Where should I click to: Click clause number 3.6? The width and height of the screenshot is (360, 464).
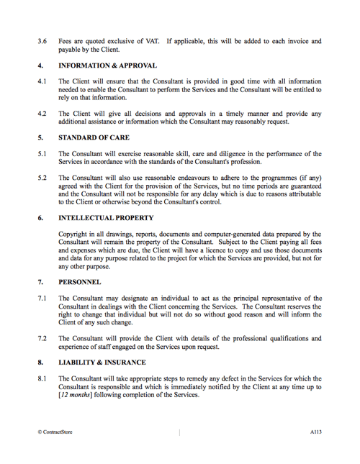coord(42,42)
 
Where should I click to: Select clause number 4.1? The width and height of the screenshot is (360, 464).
coord(42,81)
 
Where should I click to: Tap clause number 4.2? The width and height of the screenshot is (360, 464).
coord(42,113)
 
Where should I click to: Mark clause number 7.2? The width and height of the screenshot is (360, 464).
coord(42,337)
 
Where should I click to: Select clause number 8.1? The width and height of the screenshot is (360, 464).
coord(42,378)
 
